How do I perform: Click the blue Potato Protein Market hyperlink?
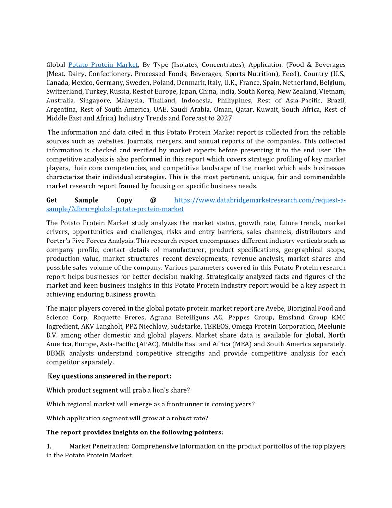pyautogui.click(x=103, y=64)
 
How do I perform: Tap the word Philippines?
pyautogui.click(x=234, y=101)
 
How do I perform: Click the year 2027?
pyautogui.click(x=224, y=118)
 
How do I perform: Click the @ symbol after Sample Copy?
pyautogui.click(x=153, y=200)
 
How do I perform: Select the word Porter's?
pyautogui.click(x=59, y=241)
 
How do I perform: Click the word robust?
pyautogui.click(x=182, y=418)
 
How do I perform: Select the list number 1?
pyautogui.click(x=49, y=446)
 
